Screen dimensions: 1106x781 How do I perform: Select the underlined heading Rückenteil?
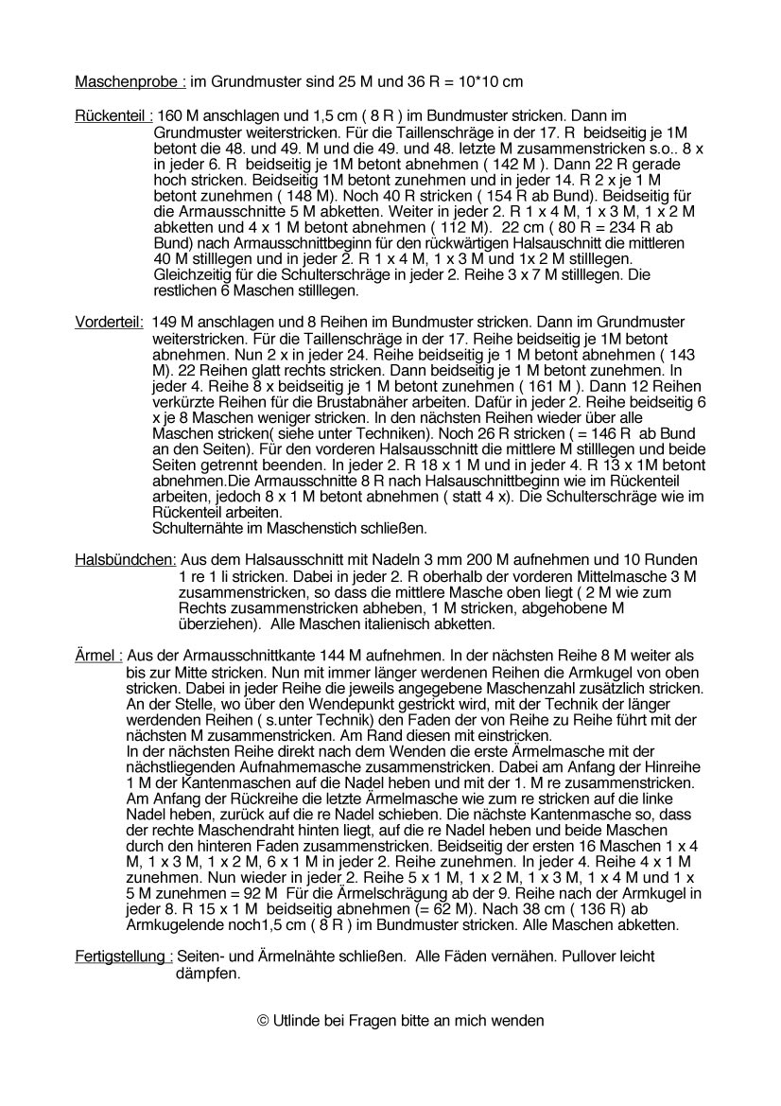coord(113,115)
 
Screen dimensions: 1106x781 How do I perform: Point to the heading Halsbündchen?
coord(126,559)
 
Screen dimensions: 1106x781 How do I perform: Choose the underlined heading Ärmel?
coord(98,655)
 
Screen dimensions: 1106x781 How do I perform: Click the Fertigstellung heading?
coord(124,957)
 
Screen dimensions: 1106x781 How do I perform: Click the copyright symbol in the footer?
coord(263,1021)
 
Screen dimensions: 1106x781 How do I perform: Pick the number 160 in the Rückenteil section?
coord(171,115)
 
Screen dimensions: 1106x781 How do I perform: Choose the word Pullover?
coord(547,957)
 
